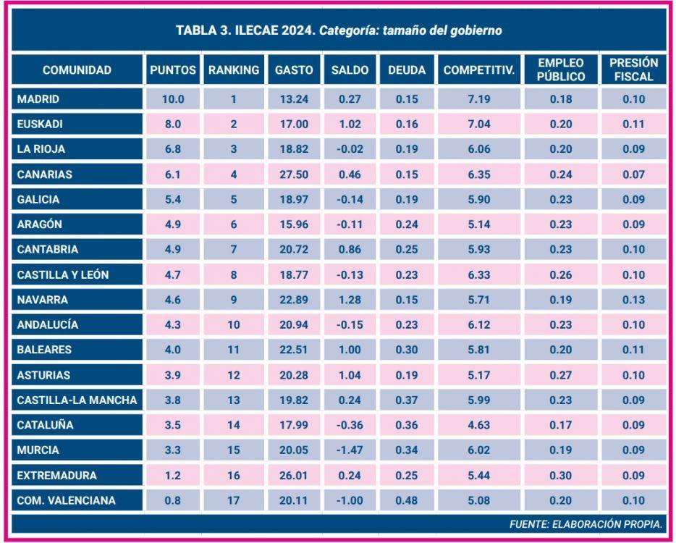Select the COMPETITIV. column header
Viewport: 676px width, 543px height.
coord(478,70)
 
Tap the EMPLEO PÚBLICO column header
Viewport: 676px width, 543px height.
coord(560,70)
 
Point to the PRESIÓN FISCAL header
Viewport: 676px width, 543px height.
coord(633,70)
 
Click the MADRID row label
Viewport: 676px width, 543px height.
coord(38,99)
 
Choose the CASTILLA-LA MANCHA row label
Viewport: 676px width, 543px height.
coord(77,400)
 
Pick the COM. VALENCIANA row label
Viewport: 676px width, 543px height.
coord(66,500)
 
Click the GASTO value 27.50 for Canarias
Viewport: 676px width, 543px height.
coord(294,174)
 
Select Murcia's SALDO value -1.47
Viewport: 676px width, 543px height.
coord(350,450)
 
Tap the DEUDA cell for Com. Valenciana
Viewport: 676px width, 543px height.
coord(407,500)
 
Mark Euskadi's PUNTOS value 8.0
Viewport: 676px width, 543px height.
coord(173,124)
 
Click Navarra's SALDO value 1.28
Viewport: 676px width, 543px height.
coord(350,299)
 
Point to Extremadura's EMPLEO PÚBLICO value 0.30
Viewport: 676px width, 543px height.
coord(560,476)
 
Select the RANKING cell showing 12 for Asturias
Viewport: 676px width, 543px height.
coord(233,375)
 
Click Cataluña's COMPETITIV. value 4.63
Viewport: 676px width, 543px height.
coord(478,425)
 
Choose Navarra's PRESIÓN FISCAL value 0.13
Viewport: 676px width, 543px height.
coord(633,299)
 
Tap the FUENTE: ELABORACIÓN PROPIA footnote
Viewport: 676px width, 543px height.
coord(586,523)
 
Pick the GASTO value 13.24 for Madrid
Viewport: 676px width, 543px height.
coord(294,99)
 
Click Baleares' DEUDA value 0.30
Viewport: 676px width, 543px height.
coord(407,350)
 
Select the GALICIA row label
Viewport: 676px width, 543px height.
coord(38,199)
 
